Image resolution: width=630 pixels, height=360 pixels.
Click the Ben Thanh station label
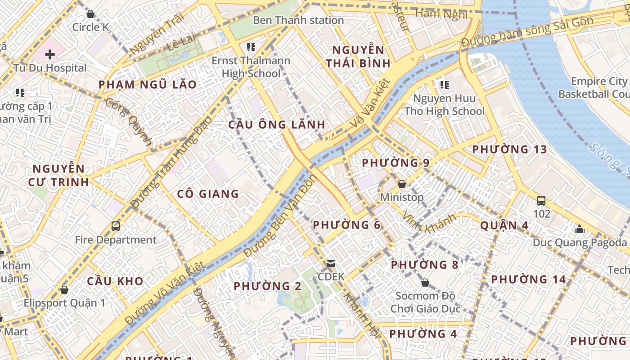point(298,20)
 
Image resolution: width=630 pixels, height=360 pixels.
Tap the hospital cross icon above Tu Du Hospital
point(50,54)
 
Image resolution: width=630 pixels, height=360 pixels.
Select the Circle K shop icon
point(90,14)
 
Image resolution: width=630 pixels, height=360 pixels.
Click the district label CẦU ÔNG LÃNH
point(276,125)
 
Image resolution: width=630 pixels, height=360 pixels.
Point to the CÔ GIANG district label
point(208,194)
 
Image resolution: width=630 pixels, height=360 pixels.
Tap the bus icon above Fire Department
point(116,226)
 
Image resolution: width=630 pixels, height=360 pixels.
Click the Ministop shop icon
point(402,184)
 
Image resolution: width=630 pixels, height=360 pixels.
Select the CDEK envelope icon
point(331,263)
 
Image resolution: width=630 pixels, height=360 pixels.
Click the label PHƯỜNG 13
point(509,149)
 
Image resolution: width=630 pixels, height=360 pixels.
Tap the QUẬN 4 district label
point(504,225)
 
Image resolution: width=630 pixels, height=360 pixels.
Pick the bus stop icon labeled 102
point(541,200)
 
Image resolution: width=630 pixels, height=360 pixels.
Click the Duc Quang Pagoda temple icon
point(580,229)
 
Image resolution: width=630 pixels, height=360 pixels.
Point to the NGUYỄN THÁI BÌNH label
point(358,56)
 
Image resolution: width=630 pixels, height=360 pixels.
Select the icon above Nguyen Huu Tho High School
point(445,85)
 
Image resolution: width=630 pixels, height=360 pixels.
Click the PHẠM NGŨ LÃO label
point(148,85)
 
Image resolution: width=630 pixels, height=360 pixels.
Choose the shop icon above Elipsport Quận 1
point(64,289)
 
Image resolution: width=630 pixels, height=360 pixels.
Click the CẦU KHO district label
point(115,282)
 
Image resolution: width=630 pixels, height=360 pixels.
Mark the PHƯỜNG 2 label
point(267,286)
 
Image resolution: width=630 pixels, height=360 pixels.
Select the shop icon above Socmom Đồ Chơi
point(425,283)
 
